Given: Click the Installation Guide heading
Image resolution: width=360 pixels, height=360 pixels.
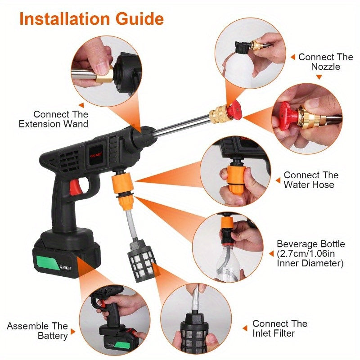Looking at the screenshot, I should point(91,19).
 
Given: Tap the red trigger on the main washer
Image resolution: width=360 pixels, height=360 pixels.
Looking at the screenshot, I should point(76,187).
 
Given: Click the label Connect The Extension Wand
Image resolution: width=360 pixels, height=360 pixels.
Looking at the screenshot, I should point(54,119).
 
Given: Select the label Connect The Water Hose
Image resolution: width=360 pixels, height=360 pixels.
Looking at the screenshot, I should point(310,180).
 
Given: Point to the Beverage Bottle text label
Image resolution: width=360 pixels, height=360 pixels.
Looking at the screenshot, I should point(310,253).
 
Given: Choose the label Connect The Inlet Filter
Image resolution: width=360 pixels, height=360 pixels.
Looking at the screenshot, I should point(279,328).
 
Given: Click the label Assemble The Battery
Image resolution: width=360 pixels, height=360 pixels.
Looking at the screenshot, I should point(37,331).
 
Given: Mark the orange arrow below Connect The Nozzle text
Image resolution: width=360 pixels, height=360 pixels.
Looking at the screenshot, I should point(319,77).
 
